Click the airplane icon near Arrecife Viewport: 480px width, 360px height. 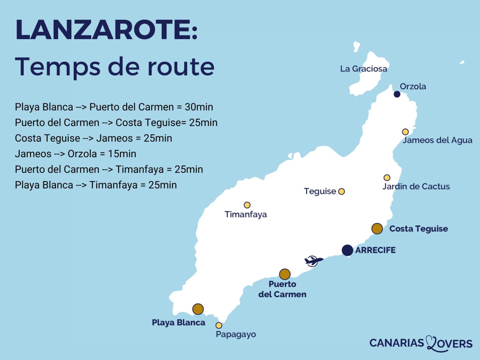(x=313, y=260)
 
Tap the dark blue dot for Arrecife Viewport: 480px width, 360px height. (x=347, y=250)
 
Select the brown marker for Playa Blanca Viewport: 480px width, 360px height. (x=198, y=309)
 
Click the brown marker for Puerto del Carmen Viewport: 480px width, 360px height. (x=285, y=274)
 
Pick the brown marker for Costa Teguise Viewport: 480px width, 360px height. (x=377, y=228)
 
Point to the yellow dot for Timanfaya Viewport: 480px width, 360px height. (x=247, y=205)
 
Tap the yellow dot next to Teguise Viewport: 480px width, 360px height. (x=342, y=191)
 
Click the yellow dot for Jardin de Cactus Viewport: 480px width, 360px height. (x=387, y=177)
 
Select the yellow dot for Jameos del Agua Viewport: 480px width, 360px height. (x=405, y=132)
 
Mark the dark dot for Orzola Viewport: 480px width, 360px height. (x=397, y=94)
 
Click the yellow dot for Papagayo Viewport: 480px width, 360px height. (x=219, y=325)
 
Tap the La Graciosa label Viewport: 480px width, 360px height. (x=363, y=69)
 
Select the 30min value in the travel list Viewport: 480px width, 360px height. (x=199, y=107)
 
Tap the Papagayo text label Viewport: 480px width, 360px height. (x=236, y=334)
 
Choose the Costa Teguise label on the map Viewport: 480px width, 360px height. (x=418, y=229)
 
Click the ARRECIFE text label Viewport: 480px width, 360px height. (x=375, y=250)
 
